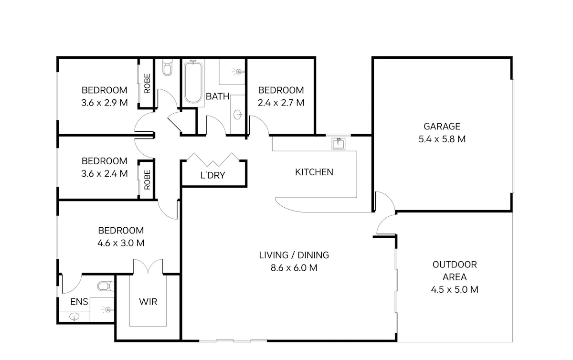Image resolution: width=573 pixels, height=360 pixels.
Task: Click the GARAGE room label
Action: tap(442, 127)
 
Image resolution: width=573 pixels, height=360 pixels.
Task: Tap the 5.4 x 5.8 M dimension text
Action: tap(442, 139)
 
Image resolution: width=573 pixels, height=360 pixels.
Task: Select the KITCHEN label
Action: tap(314, 172)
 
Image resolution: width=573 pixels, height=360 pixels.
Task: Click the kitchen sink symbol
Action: tap(339, 144)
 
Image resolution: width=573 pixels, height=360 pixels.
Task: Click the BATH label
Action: tap(217, 96)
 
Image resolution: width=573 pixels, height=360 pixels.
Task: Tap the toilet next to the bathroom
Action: tap(167, 67)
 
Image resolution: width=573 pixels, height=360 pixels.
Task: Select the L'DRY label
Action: tap(213, 175)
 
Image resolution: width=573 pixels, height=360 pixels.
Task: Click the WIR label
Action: tap(148, 302)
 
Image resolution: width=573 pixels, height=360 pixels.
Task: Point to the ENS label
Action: tap(79, 302)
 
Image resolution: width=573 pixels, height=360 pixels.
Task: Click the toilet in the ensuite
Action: tap(106, 286)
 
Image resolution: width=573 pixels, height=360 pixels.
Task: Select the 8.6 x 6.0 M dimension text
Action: tap(294, 268)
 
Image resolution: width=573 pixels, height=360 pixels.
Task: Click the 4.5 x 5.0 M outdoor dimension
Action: tap(455, 290)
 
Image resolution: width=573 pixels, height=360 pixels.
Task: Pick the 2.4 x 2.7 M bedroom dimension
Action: tap(281, 103)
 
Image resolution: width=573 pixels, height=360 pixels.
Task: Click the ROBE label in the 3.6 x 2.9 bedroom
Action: tap(147, 84)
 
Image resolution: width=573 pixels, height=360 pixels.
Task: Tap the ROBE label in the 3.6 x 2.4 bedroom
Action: tap(147, 180)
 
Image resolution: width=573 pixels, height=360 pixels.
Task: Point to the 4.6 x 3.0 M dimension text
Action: tap(121, 243)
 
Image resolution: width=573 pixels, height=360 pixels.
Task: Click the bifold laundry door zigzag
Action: tap(213, 159)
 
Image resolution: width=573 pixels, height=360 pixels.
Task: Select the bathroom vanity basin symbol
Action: tap(238, 115)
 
